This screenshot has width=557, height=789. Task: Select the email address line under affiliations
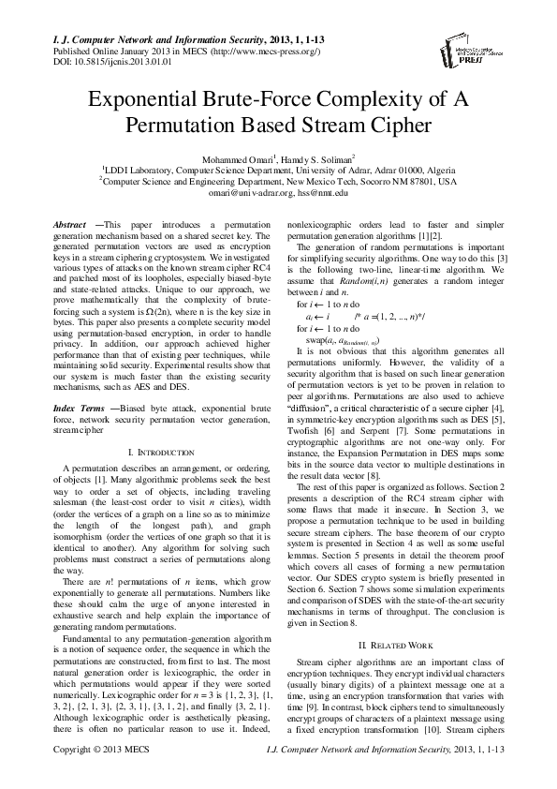click(278, 192)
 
